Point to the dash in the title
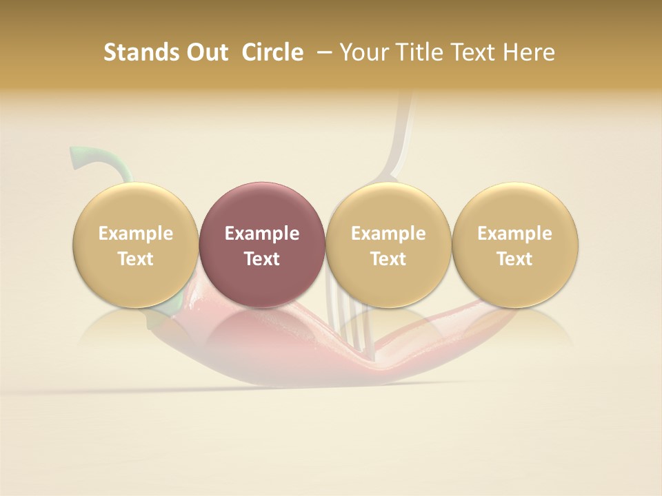(322, 52)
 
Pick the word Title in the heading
(414, 52)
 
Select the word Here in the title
(529, 52)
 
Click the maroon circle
(261, 245)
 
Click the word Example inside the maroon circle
(261, 234)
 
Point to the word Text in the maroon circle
(261, 259)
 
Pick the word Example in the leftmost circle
(135, 234)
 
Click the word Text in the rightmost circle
(514, 259)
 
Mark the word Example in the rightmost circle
(514, 234)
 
